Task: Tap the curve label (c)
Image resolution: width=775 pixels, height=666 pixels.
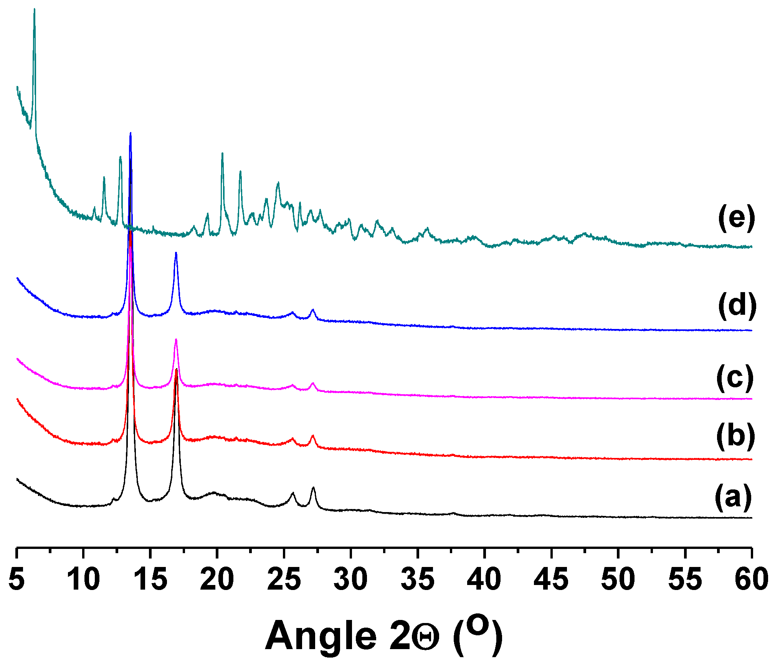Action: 735,378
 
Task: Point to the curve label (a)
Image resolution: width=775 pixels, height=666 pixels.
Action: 733,497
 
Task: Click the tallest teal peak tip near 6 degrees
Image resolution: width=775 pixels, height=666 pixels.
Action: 34,9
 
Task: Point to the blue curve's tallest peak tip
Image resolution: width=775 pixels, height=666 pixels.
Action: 131,133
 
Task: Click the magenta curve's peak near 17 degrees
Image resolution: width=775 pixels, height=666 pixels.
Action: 176,339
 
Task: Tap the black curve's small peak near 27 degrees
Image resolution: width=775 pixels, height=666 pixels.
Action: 313,488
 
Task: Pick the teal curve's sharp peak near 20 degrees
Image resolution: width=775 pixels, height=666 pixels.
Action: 222,154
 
